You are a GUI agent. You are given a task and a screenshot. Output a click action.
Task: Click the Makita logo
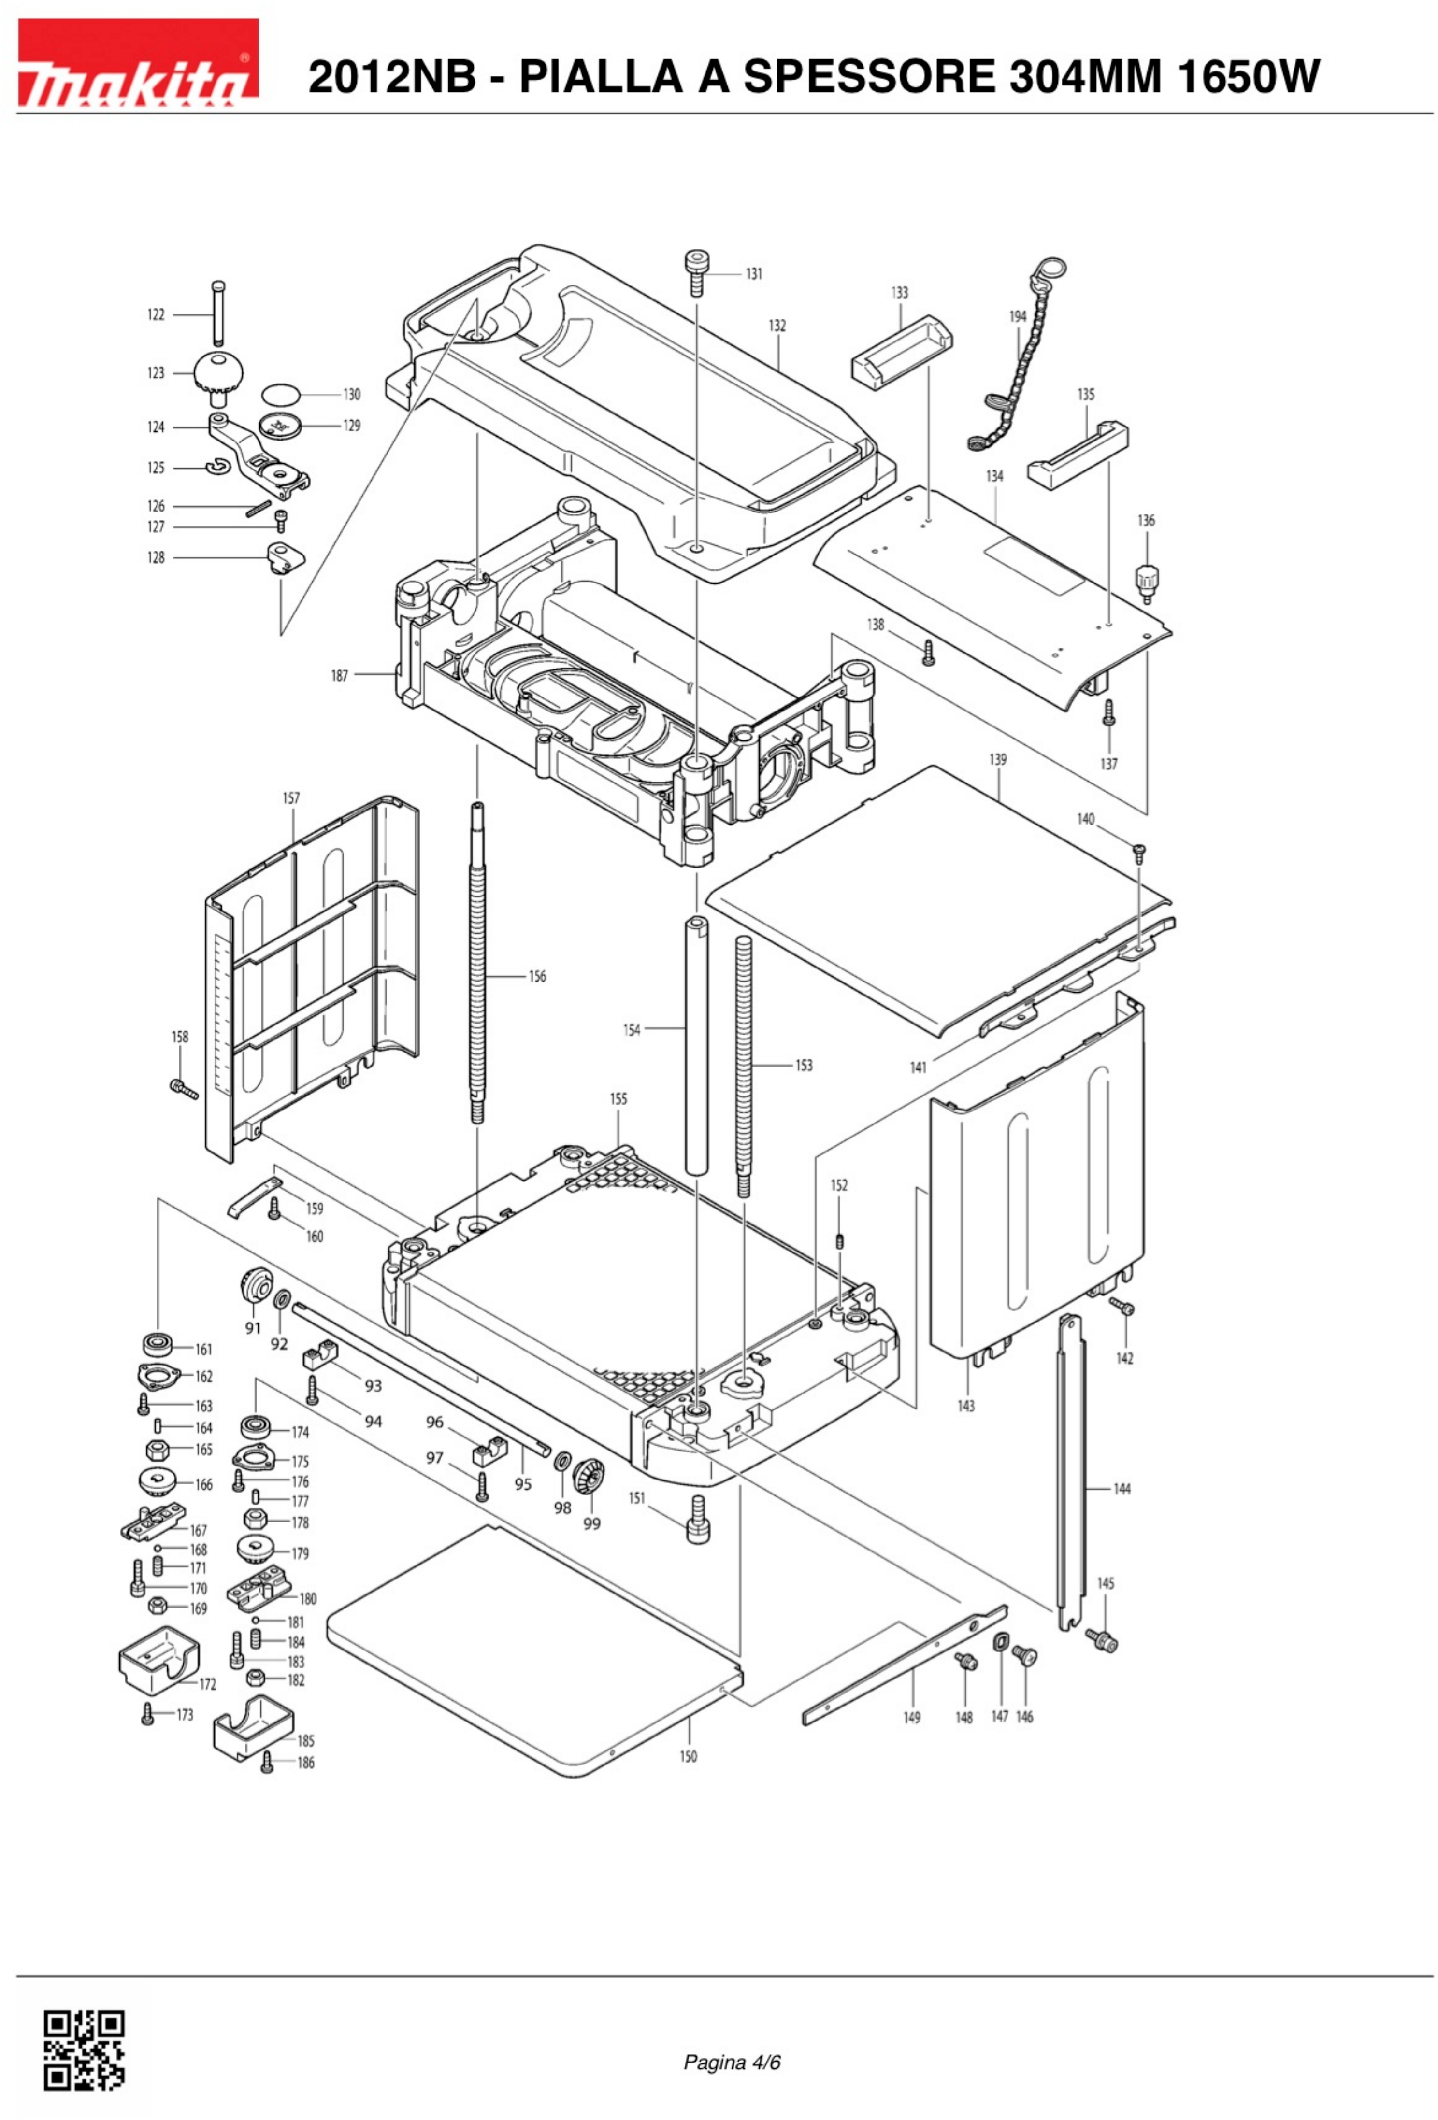[x=138, y=63]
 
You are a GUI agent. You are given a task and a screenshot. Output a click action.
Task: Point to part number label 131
[x=754, y=274]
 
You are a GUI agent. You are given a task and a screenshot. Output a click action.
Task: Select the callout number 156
[x=537, y=977]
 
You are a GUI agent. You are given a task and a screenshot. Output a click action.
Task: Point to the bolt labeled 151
[x=698, y=1518]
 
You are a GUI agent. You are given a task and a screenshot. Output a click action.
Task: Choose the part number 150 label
[x=688, y=1756]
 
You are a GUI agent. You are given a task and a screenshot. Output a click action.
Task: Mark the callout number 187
[x=339, y=676]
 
